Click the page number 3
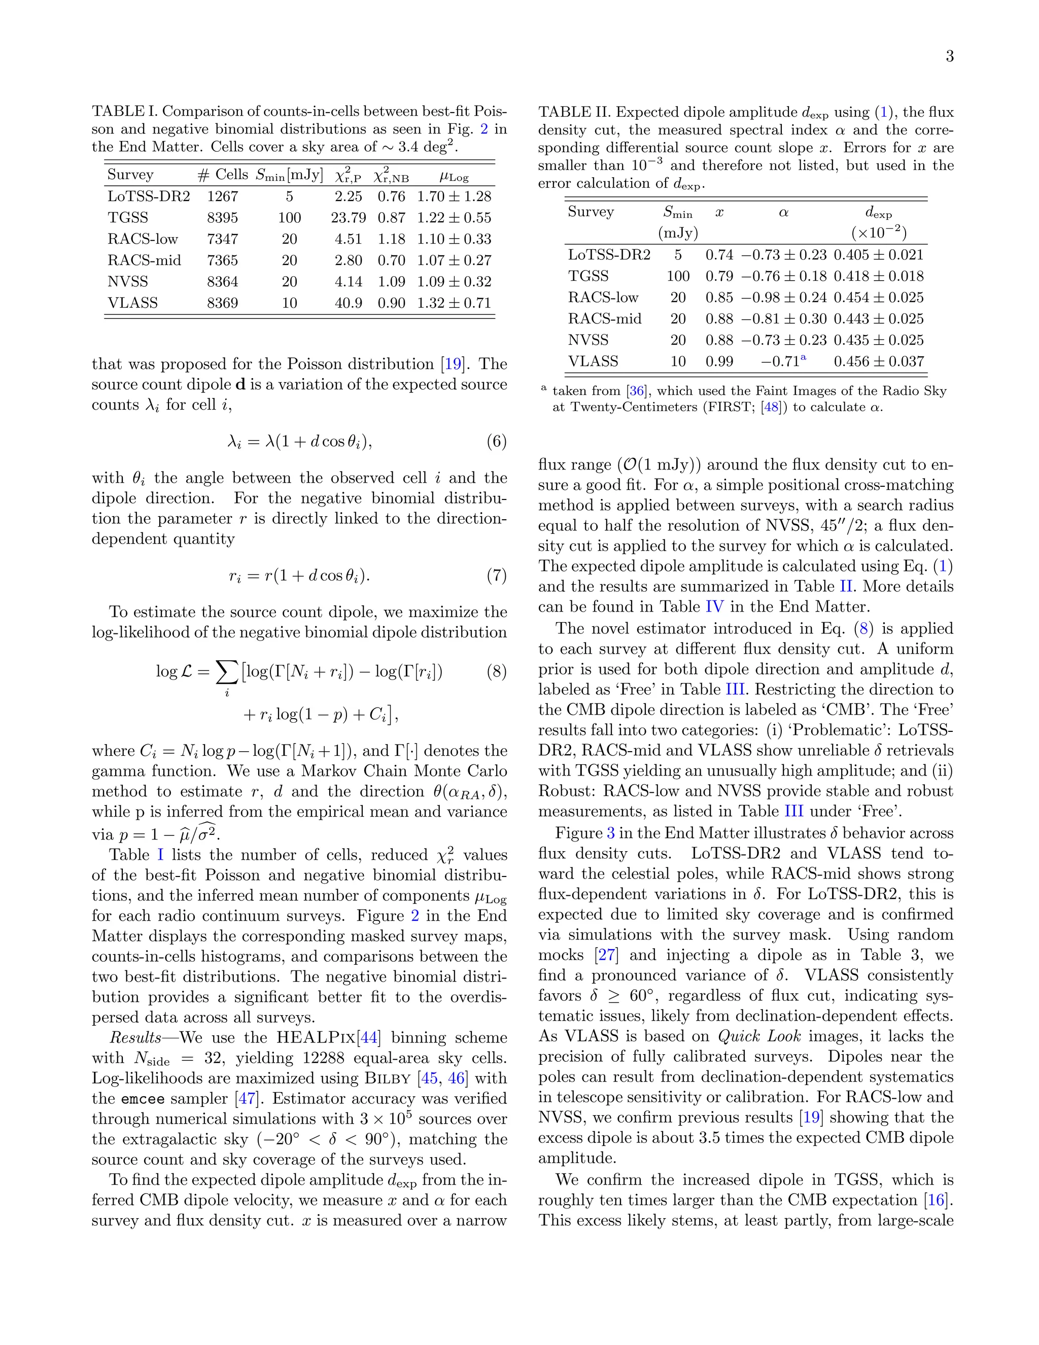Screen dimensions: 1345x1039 point(949,57)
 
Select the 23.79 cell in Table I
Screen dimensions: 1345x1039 point(348,217)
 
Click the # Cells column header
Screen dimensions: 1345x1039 point(222,175)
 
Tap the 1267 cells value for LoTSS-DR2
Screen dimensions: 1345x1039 point(222,196)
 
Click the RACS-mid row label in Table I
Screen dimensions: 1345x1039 point(144,260)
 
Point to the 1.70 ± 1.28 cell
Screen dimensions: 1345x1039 point(454,196)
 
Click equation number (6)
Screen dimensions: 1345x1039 point(496,442)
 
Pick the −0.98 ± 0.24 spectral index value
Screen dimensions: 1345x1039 point(783,297)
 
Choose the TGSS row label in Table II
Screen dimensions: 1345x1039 point(588,276)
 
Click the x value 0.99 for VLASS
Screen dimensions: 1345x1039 point(719,361)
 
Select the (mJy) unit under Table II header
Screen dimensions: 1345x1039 point(678,233)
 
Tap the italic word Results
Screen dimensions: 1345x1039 point(135,1038)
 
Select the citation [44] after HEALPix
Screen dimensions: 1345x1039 point(369,1038)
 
